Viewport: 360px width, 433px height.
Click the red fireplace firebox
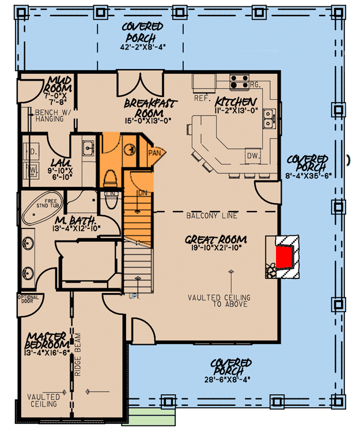point(283,256)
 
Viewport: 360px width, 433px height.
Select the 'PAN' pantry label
point(154,153)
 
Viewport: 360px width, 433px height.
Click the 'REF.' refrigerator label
point(202,98)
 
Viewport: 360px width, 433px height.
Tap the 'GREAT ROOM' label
point(216,239)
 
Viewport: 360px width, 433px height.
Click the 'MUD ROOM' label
point(59,84)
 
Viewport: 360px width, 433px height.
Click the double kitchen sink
point(268,119)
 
